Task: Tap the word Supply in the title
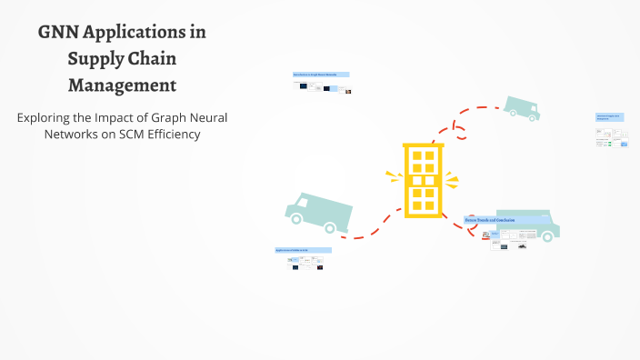tap(95, 60)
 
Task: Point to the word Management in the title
tap(122, 86)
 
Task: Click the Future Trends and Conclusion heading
tap(491, 220)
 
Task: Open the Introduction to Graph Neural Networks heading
tap(321, 74)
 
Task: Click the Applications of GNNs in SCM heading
tap(303, 249)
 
